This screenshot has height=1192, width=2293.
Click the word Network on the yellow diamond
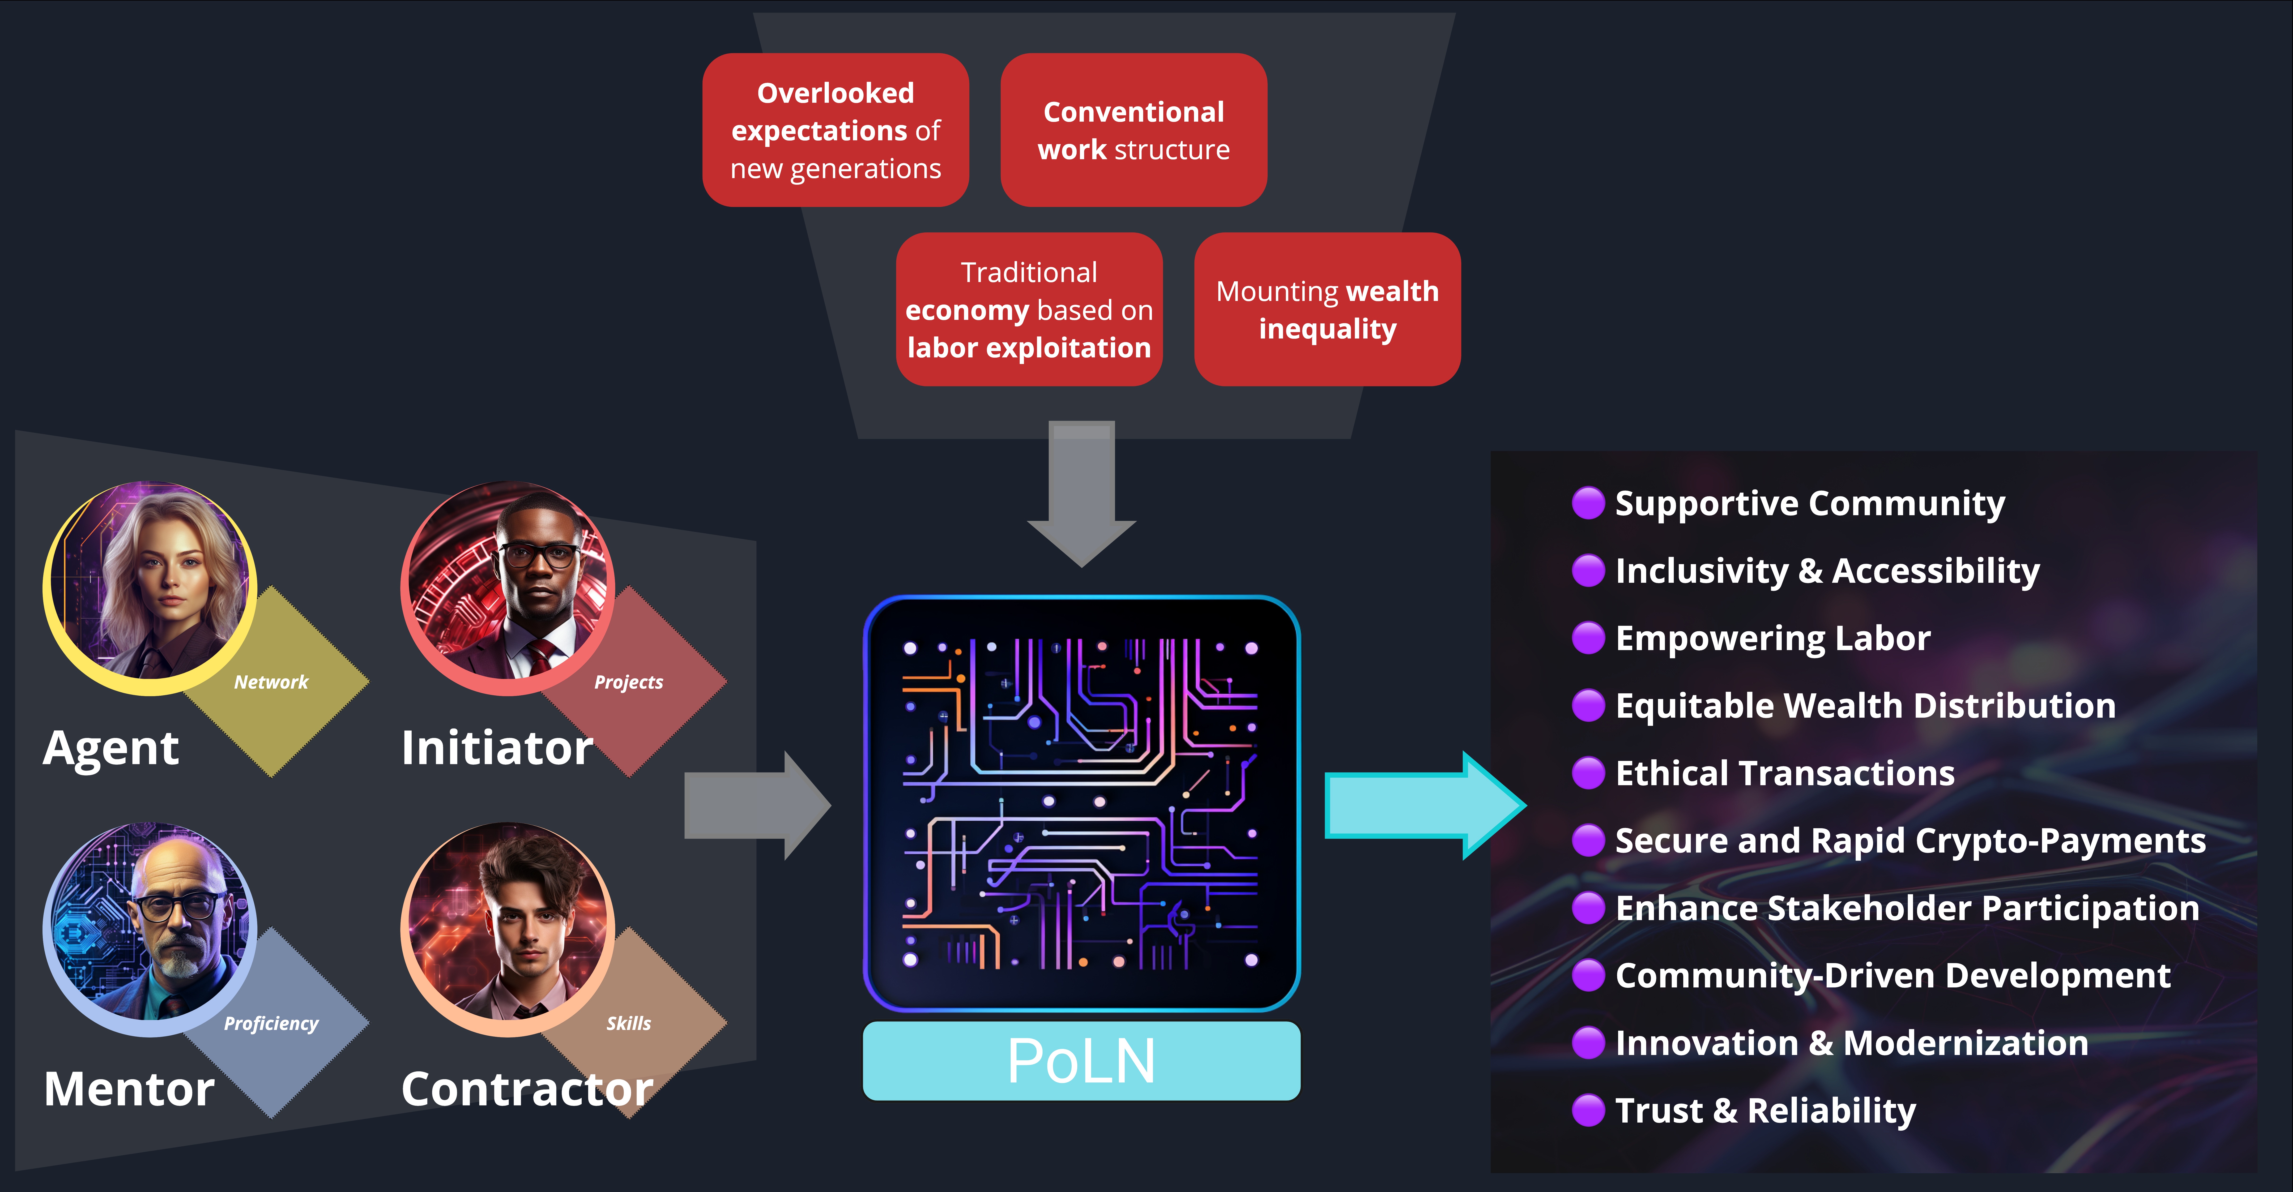271,682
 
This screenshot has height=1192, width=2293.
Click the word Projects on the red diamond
628,682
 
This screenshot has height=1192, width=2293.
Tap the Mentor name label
129,1089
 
